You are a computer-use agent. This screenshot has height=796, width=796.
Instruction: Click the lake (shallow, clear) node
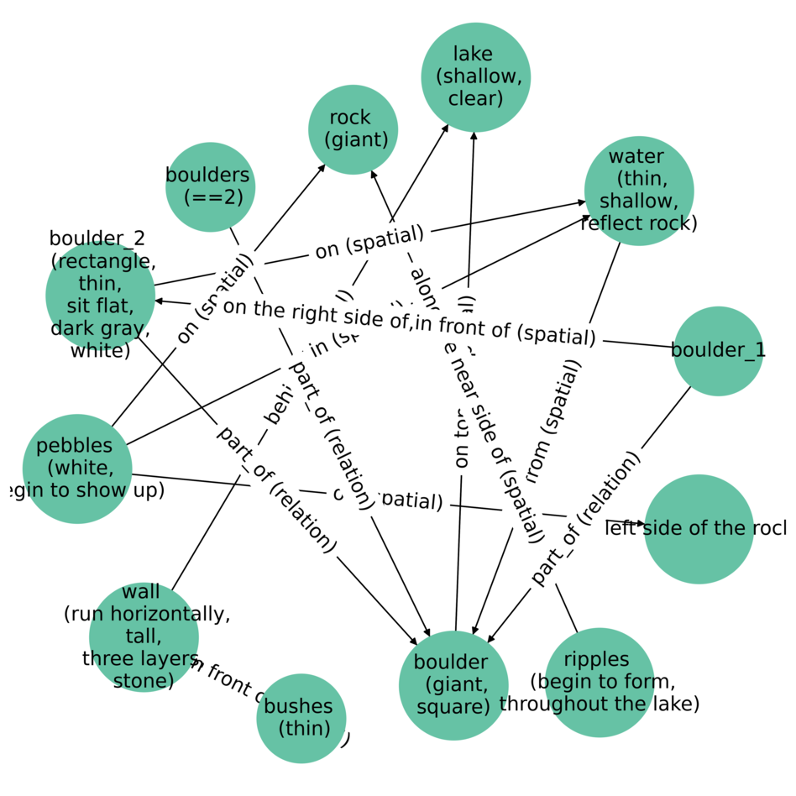[x=476, y=77]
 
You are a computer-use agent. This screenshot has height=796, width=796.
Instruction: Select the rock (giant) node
[x=353, y=129]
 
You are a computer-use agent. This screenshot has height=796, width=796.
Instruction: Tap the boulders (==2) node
[x=210, y=186]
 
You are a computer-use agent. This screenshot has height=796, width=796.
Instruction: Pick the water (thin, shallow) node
[x=639, y=191]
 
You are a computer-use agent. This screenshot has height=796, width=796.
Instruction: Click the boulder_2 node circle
[x=100, y=296]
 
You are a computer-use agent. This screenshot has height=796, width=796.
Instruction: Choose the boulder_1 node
[x=718, y=351]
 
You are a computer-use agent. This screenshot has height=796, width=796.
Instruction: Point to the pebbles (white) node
[x=77, y=468]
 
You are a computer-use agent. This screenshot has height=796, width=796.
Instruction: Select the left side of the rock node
[x=699, y=529]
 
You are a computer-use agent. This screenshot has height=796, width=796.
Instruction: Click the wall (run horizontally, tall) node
[x=144, y=636]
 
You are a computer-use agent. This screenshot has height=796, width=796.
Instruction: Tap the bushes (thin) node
[x=301, y=719]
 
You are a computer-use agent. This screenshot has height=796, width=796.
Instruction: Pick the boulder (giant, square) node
[x=453, y=685]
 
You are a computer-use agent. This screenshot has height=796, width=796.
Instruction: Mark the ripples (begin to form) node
[x=599, y=682]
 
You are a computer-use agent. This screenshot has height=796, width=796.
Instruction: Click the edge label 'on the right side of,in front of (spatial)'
[x=409, y=322]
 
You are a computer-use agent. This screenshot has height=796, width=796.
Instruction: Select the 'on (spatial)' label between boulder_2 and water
[x=369, y=243]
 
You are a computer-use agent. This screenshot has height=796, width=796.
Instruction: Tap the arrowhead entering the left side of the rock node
[x=641, y=523]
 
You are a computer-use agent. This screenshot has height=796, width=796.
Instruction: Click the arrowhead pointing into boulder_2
[x=160, y=301]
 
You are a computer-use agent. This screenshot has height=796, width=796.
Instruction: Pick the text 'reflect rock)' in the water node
[x=639, y=223]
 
